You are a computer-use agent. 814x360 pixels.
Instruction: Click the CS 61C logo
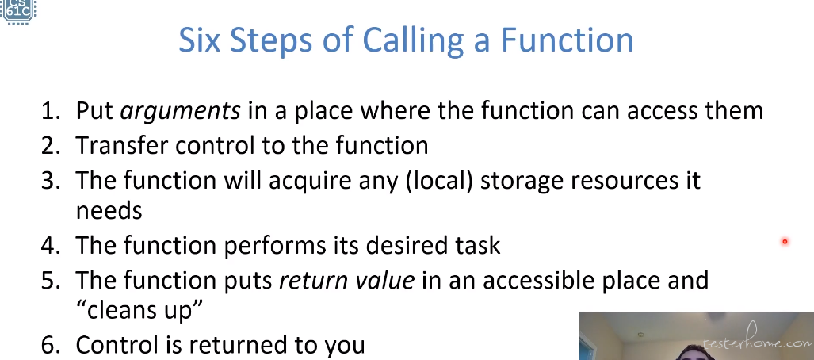pyautogui.click(x=17, y=11)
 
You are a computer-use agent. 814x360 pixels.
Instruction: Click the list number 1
pyautogui.click(x=50, y=110)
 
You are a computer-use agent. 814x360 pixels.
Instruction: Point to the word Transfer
pyautogui.click(x=122, y=145)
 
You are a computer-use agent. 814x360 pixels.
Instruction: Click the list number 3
pyautogui.click(x=51, y=180)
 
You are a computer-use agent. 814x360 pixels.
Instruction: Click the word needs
pyautogui.click(x=109, y=211)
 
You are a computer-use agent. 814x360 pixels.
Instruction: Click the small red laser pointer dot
pyautogui.click(x=785, y=241)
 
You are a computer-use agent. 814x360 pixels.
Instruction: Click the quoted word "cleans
pyautogui.click(x=117, y=311)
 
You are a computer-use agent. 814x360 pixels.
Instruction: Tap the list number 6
pyautogui.click(x=51, y=345)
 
